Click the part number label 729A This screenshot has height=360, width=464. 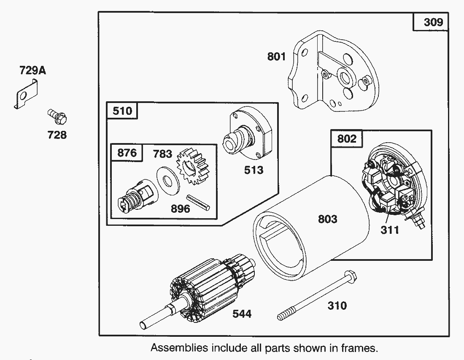click(32, 71)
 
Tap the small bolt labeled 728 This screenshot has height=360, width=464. click(57, 116)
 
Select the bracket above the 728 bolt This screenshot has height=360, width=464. click(26, 94)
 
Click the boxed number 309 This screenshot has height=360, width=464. click(433, 22)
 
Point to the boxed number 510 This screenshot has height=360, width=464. click(122, 111)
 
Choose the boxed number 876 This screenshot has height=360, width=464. click(127, 153)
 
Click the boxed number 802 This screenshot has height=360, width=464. click(346, 138)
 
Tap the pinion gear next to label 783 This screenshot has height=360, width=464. click(192, 166)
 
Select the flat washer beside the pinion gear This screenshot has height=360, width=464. click(167, 181)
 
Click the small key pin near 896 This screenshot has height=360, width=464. click(198, 203)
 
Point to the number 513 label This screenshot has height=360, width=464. click(254, 170)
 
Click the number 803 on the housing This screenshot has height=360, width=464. click(328, 219)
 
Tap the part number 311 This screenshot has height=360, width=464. click(390, 230)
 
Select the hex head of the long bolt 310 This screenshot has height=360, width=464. click(350, 276)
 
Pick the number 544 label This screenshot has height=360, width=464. click(242, 314)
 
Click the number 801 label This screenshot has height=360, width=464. click(276, 57)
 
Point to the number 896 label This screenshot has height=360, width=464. click(180, 209)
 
